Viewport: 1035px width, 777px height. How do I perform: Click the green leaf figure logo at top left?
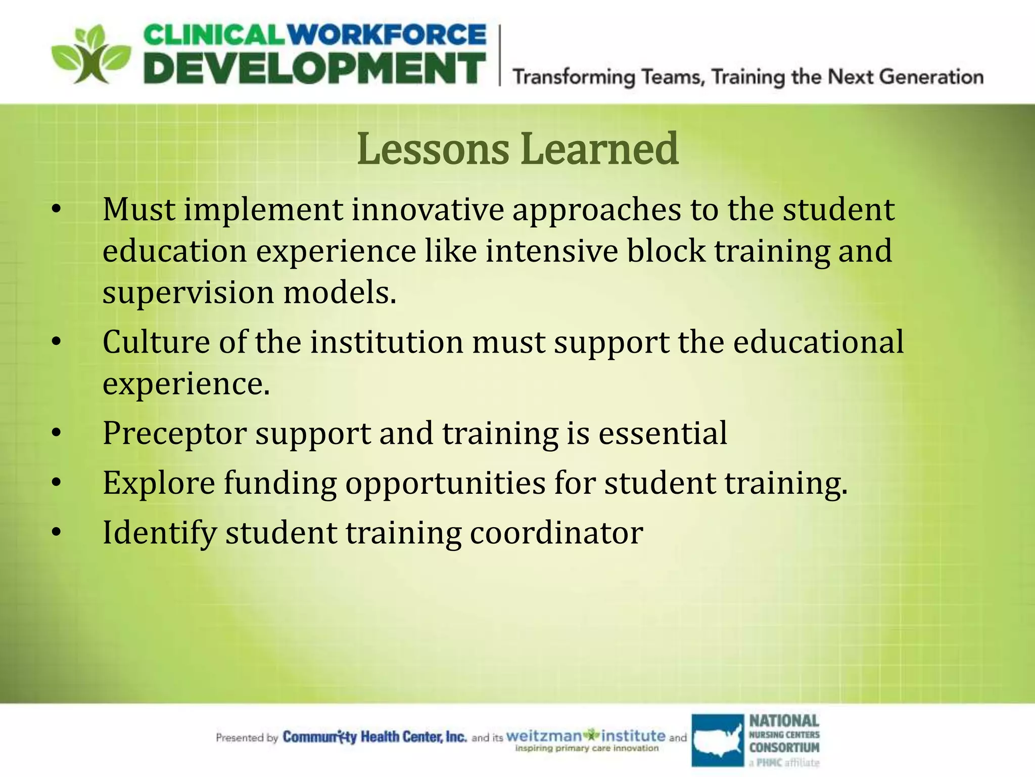[91, 55]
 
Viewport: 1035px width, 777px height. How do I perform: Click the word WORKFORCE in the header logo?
[389, 35]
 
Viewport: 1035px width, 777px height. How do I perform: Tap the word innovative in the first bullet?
[428, 209]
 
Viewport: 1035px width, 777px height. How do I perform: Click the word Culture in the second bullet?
[156, 342]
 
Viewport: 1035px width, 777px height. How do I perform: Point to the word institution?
[387, 342]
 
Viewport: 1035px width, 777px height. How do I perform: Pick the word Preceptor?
[174, 434]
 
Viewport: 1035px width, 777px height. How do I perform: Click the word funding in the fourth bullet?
[280, 483]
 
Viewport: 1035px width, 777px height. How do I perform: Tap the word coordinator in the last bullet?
[556, 533]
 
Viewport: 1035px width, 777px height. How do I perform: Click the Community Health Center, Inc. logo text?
[374, 737]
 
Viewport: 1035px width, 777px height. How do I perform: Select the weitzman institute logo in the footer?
[586, 739]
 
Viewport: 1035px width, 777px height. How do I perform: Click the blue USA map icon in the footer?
[718, 740]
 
